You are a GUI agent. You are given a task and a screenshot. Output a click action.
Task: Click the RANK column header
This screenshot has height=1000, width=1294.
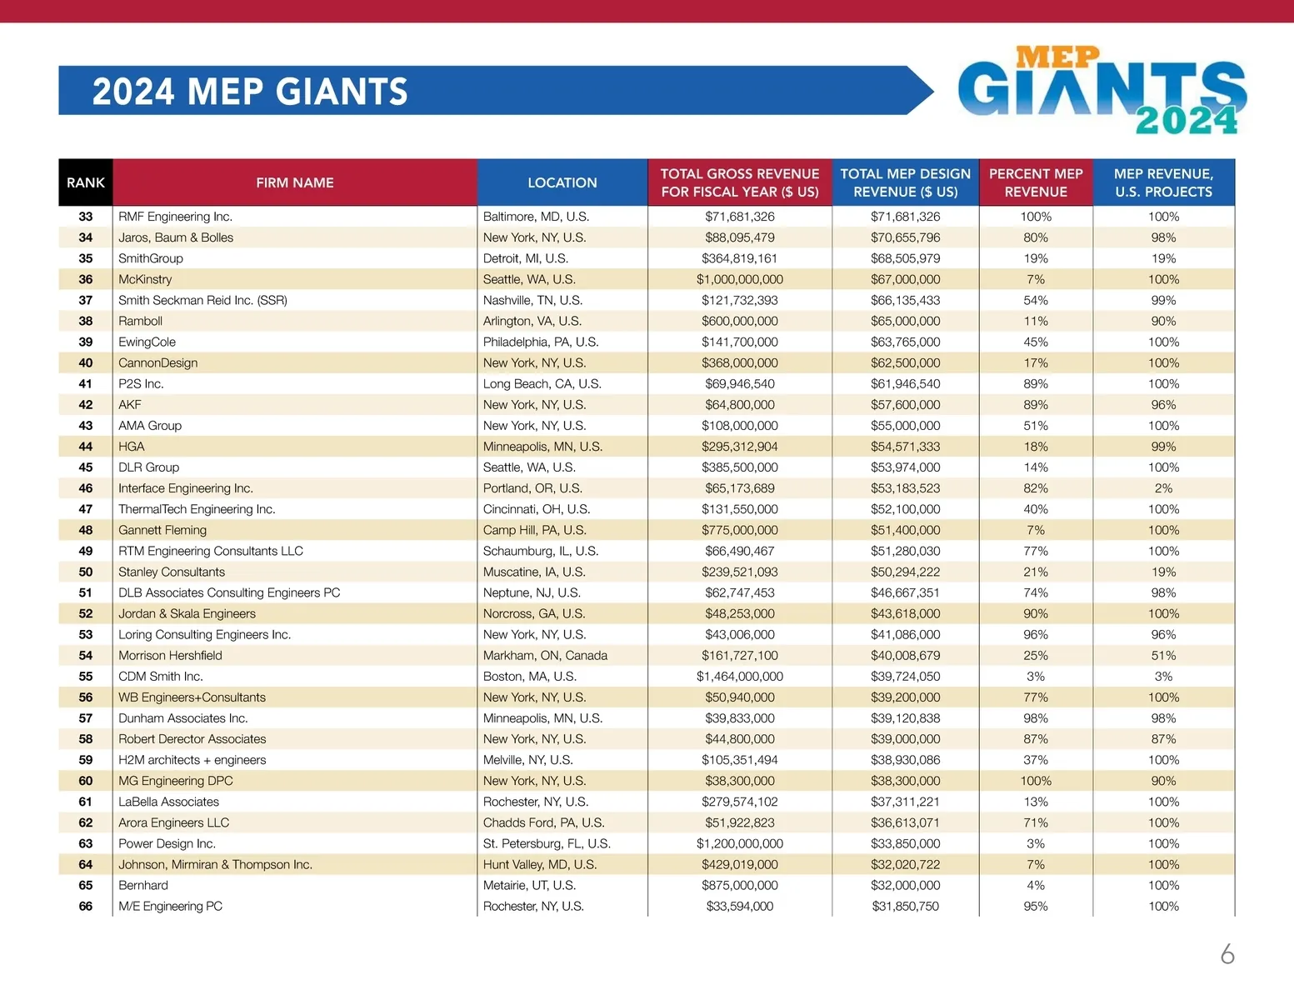(86, 182)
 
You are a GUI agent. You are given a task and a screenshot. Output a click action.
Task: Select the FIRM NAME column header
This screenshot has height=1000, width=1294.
(295, 182)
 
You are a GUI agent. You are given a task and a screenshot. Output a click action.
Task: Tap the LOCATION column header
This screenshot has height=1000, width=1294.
(562, 182)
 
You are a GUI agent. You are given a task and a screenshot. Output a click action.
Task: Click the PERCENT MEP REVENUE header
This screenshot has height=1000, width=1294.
(1036, 182)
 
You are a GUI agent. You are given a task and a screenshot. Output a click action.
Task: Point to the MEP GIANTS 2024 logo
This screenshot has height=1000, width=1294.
(1102, 91)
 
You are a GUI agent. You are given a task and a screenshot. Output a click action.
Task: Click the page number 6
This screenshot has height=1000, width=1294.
(1227, 954)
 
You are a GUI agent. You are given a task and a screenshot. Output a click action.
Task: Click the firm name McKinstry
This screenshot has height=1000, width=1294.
(145, 279)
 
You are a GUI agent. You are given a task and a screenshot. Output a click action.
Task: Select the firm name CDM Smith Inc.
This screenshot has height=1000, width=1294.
(161, 677)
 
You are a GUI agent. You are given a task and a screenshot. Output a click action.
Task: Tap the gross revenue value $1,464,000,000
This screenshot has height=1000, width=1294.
(740, 677)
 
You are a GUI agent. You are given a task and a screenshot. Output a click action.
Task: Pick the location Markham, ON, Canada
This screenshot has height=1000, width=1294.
(545, 656)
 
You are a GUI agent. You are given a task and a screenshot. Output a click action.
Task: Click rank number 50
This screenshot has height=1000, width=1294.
(86, 572)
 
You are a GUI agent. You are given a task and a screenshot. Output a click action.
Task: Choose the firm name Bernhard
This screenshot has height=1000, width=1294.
(143, 886)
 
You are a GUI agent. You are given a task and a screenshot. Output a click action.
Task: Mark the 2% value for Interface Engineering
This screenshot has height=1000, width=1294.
(1163, 488)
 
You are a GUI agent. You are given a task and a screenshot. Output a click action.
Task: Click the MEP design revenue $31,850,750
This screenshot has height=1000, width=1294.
(906, 907)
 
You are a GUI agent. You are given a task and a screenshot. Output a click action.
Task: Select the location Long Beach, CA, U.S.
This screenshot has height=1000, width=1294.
(542, 384)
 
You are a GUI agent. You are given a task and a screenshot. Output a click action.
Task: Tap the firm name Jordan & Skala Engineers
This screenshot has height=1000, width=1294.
(187, 614)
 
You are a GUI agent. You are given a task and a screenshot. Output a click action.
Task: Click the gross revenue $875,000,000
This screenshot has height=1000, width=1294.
(740, 886)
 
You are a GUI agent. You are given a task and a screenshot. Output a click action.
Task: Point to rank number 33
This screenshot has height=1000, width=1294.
(86, 217)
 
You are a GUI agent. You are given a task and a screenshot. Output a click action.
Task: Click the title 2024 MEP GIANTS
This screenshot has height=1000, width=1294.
(250, 92)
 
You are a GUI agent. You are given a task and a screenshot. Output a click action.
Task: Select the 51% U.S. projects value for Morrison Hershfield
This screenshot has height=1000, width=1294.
(1163, 656)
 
